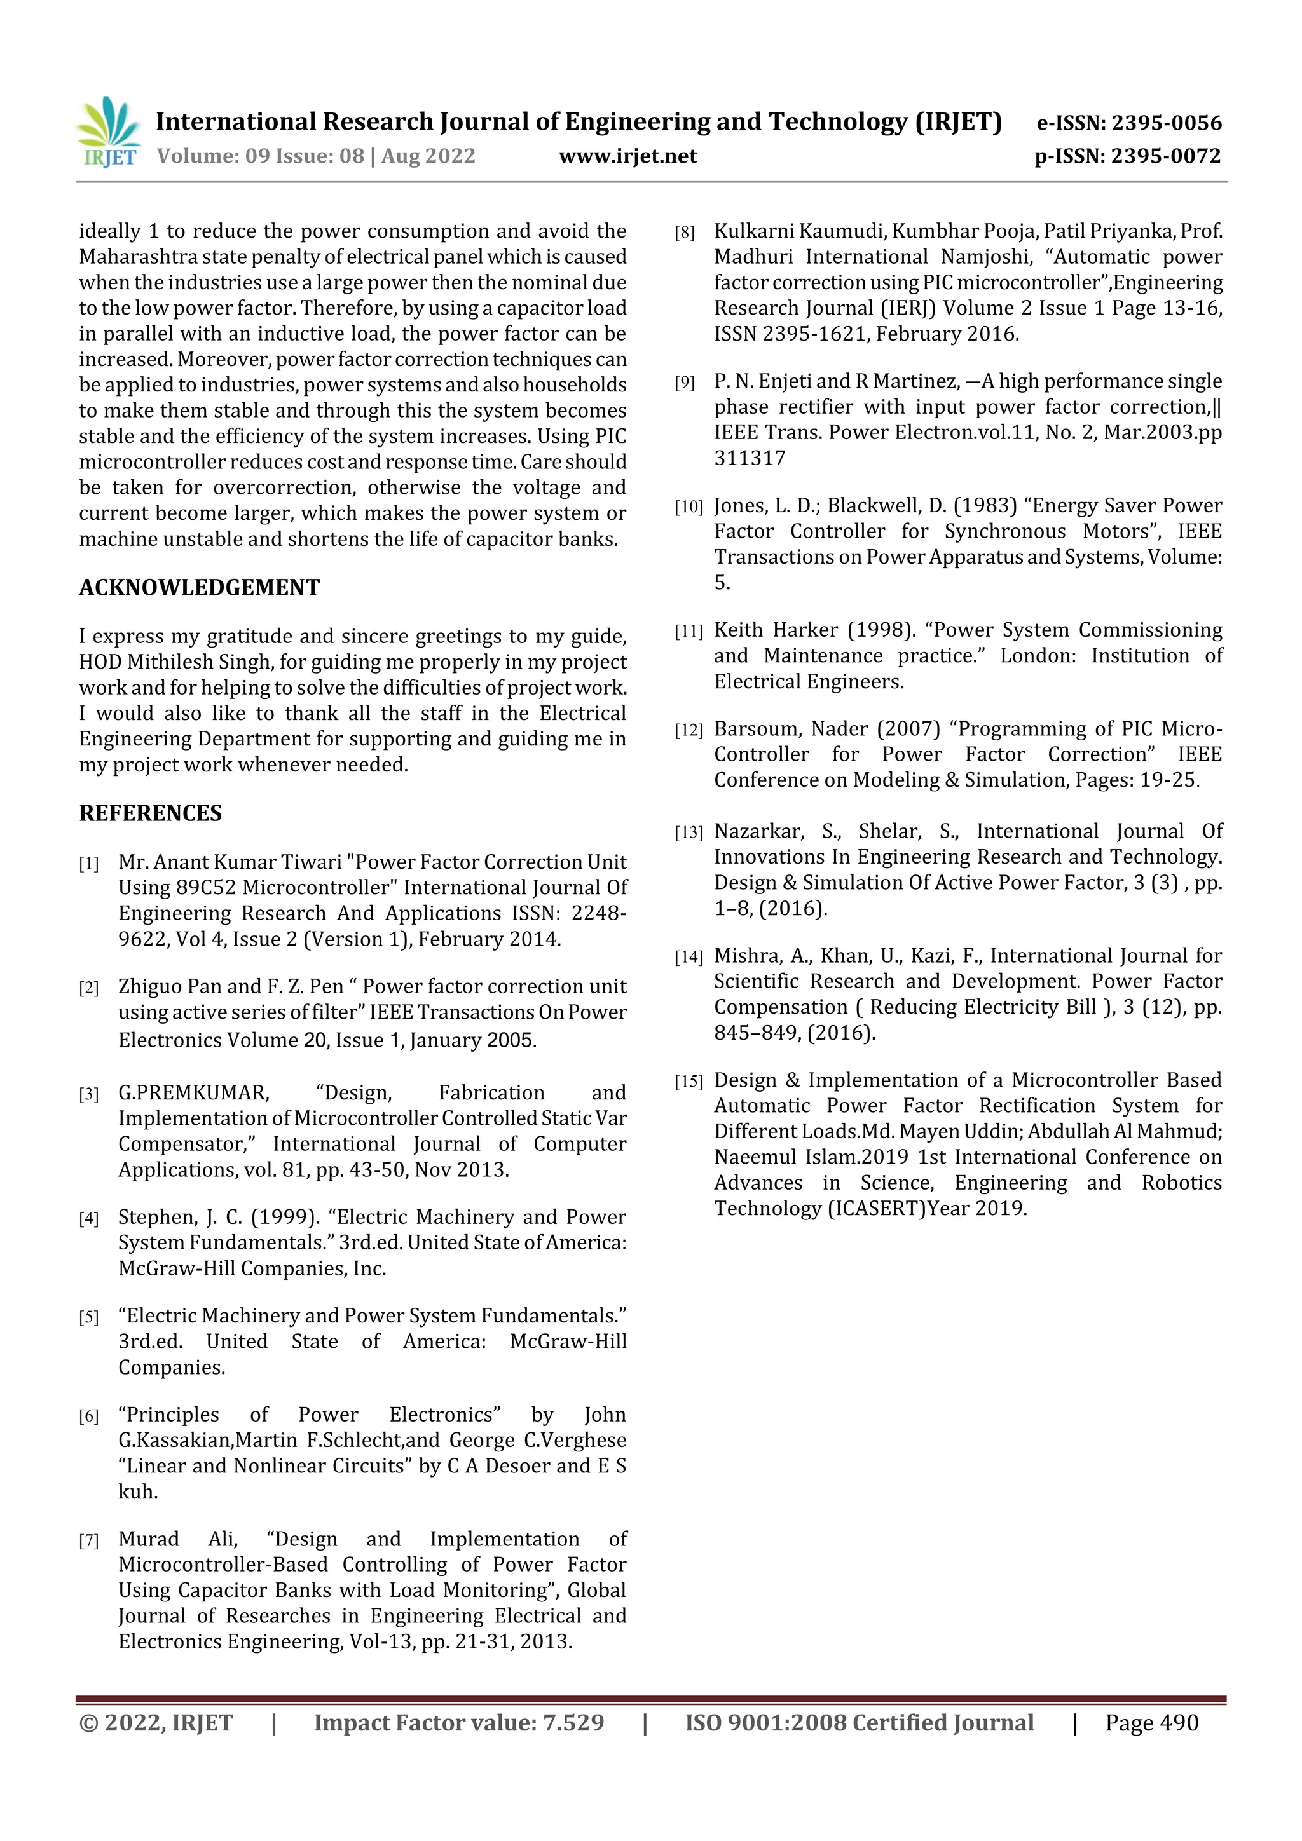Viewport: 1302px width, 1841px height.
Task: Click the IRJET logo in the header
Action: coord(108,132)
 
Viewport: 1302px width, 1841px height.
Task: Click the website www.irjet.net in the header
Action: coord(627,156)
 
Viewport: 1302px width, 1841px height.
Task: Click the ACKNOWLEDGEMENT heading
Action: coord(199,588)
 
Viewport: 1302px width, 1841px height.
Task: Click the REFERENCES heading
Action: coord(150,813)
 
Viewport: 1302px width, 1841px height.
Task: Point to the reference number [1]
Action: coord(89,864)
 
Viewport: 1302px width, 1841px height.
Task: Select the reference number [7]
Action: coord(89,1540)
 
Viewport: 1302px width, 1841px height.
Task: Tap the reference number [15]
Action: coord(689,1082)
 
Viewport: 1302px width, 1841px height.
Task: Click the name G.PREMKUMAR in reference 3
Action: coord(193,1093)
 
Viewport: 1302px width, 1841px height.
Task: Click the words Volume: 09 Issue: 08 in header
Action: coord(260,156)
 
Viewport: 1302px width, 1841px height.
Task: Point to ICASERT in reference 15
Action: coord(876,1208)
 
